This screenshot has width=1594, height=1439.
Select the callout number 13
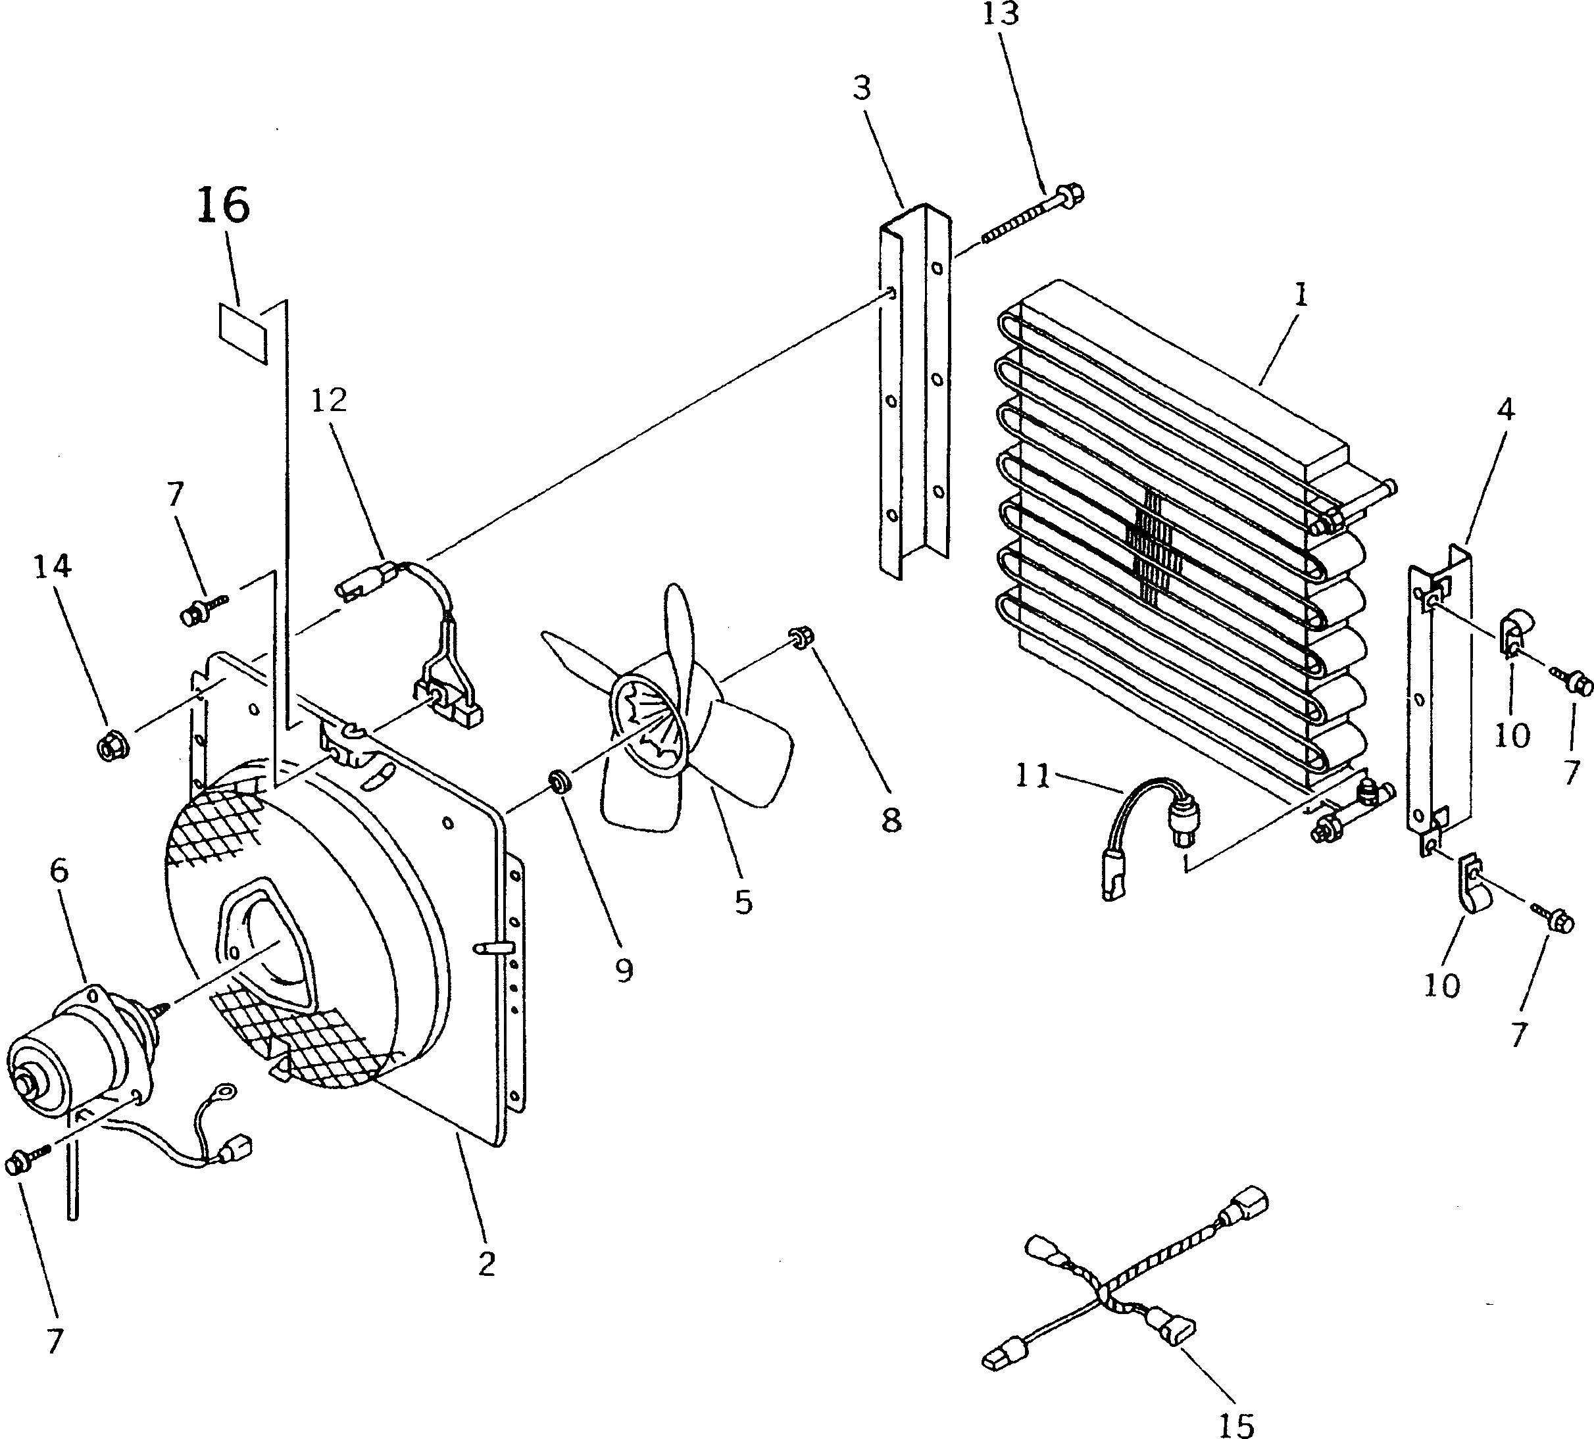[x=1002, y=15]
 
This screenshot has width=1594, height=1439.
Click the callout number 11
[x=1033, y=777]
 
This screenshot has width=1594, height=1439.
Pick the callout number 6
[x=59, y=871]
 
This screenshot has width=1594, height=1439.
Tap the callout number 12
[x=329, y=401]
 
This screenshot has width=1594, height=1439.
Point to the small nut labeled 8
[x=798, y=638]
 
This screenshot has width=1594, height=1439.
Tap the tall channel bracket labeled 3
[x=913, y=387]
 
